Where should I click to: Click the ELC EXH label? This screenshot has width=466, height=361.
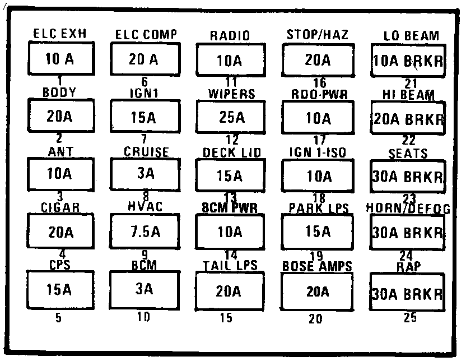[59, 35]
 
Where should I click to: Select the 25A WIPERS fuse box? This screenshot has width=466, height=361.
[231, 118]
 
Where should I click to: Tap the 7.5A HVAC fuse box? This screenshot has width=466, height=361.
[144, 232]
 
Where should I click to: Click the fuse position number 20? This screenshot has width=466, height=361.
[316, 319]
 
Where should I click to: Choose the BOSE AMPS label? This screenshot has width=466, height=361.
[317, 267]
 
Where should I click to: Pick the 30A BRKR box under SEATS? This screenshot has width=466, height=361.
[407, 176]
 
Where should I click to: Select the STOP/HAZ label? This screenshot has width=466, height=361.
[317, 35]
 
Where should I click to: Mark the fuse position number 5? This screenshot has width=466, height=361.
[59, 318]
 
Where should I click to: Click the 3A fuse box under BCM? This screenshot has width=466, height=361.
[144, 289]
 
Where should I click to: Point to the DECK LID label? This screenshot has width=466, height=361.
[230, 152]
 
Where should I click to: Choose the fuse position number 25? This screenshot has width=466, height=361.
[411, 318]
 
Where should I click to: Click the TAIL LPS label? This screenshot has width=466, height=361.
[230, 266]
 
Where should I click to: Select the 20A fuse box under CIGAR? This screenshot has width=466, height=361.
[60, 232]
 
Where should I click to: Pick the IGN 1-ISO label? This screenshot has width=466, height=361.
[317, 152]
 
